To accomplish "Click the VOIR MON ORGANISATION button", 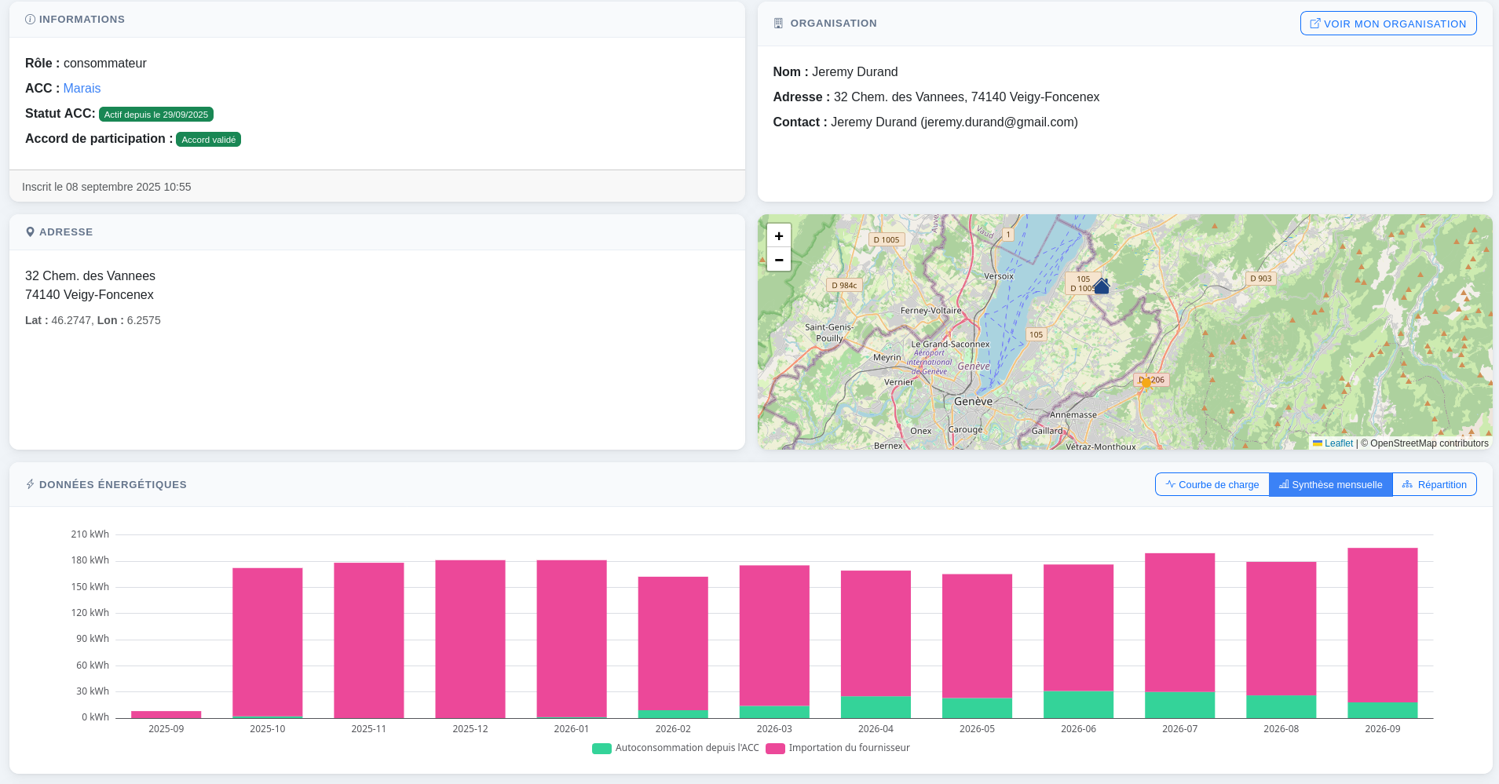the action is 1388,24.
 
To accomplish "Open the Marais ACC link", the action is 82,89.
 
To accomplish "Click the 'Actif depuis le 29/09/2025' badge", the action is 156,115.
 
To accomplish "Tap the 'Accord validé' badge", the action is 209,140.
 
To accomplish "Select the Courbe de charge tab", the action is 1212,484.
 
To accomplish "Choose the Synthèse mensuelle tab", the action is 1331,484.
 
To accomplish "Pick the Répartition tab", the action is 1435,484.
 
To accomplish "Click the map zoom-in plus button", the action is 779,235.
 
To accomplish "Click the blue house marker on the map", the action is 1102,286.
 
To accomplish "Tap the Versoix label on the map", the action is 999,276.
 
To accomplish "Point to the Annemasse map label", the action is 1073,414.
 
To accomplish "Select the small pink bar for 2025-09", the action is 166,714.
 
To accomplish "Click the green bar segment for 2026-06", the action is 1078,705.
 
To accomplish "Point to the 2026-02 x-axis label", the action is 673,729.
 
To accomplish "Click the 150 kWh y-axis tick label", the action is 90,587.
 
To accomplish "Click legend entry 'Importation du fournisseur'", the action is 838,748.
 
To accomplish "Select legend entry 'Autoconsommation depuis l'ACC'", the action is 675,748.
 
